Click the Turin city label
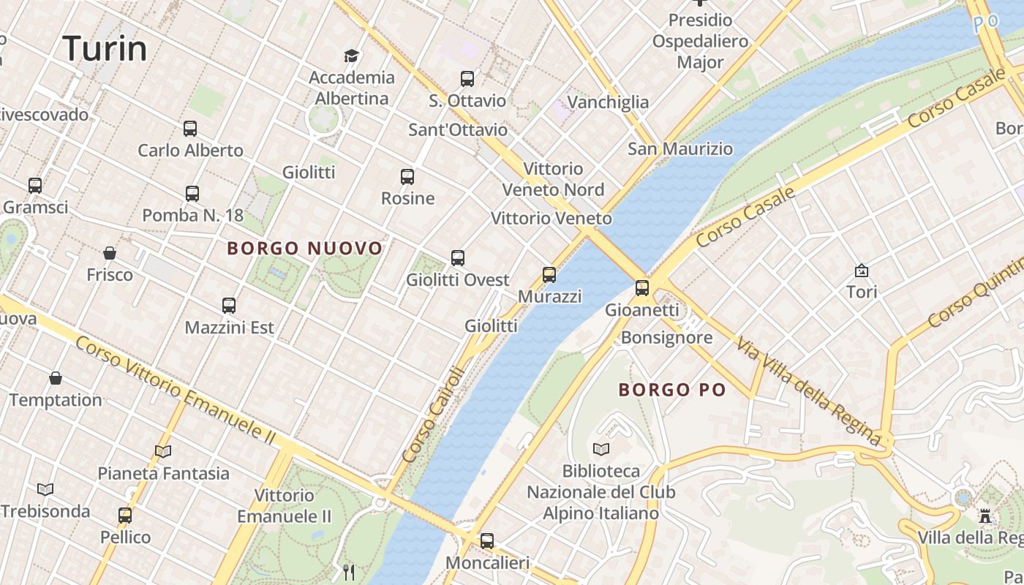point(105,49)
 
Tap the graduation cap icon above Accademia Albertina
point(352,56)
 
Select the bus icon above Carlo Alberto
point(190,129)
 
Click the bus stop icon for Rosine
point(407,176)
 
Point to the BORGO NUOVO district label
point(305,249)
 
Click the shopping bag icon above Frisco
point(110,253)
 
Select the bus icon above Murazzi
point(549,275)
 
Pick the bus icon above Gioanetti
point(642,288)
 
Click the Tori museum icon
point(862,271)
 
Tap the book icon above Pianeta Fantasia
point(163,451)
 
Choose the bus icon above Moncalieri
point(487,541)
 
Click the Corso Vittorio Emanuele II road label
point(176,390)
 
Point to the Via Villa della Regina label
point(809,391)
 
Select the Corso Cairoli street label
point(434,414)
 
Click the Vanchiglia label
point(608,102)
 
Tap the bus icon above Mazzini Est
point(229,305)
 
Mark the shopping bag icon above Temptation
point(56,378)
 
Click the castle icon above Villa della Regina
point(985,516)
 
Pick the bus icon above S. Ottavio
point(467,79)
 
